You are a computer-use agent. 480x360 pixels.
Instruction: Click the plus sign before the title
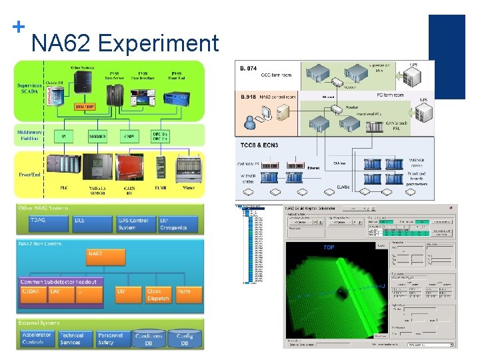click(x=19, y=27)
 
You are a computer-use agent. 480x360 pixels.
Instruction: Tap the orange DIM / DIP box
click(x=85, y=107)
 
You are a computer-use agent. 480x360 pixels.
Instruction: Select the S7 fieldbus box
click(x=63, y=137)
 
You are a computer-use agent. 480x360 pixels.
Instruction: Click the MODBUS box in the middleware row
click(x=97, y=137)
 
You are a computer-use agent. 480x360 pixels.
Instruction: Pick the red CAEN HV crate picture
click(x=131, y=168)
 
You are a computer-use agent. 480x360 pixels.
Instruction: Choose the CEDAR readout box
click(x=33, y=295)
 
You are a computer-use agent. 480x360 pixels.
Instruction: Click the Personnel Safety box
click(x=110, y=339)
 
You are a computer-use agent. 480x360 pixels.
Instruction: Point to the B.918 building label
click(x=248, y=97)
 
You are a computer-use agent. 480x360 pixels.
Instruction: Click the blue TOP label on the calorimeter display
click(x=329, y=247)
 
